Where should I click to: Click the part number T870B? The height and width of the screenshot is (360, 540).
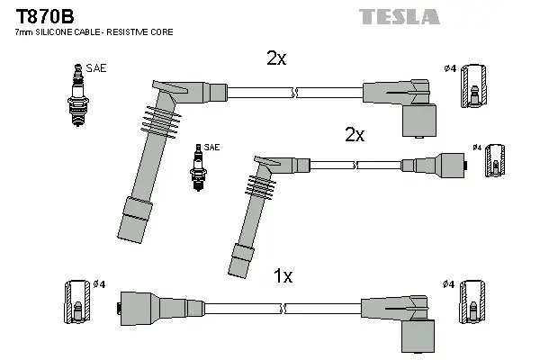pos(38,15)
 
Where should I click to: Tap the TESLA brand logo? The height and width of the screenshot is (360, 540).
pos(399,16)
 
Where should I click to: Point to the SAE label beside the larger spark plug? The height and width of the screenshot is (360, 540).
pos(95,67)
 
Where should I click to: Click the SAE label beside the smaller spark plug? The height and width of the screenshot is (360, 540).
pos(211,147)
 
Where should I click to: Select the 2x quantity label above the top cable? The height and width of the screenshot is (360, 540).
pos(276,58)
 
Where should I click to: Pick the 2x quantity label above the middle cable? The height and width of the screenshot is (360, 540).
pos(354,134)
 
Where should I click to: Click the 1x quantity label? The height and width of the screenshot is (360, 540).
pos(283,276)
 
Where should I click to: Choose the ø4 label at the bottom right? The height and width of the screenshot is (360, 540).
pos(447,284)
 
